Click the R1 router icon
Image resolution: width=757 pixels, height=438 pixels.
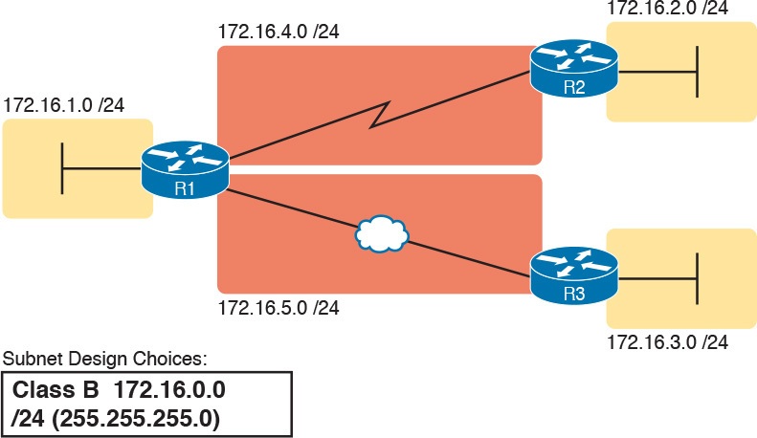click(185, 169)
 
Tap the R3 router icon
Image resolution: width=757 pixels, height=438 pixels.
click(574, 274)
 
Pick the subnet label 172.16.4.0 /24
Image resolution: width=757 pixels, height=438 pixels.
click(278, 33)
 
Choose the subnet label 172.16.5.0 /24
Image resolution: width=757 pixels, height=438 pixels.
click(278, 308)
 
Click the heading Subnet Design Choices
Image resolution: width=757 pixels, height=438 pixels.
click(106, 361)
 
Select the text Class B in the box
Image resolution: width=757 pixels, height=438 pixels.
click(50, 391)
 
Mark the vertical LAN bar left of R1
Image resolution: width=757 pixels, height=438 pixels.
click(63, 168)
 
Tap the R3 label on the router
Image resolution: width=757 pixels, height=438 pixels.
click(574, 293)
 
